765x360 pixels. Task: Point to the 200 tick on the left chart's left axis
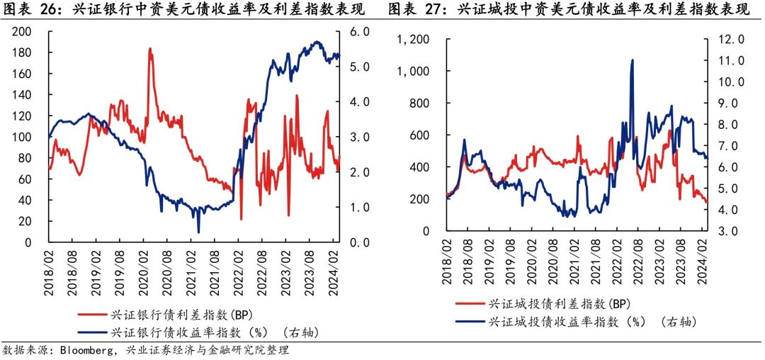23,32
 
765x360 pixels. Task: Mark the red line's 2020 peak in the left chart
150,50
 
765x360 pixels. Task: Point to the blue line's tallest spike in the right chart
632,60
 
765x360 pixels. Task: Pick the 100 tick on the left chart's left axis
23,137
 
